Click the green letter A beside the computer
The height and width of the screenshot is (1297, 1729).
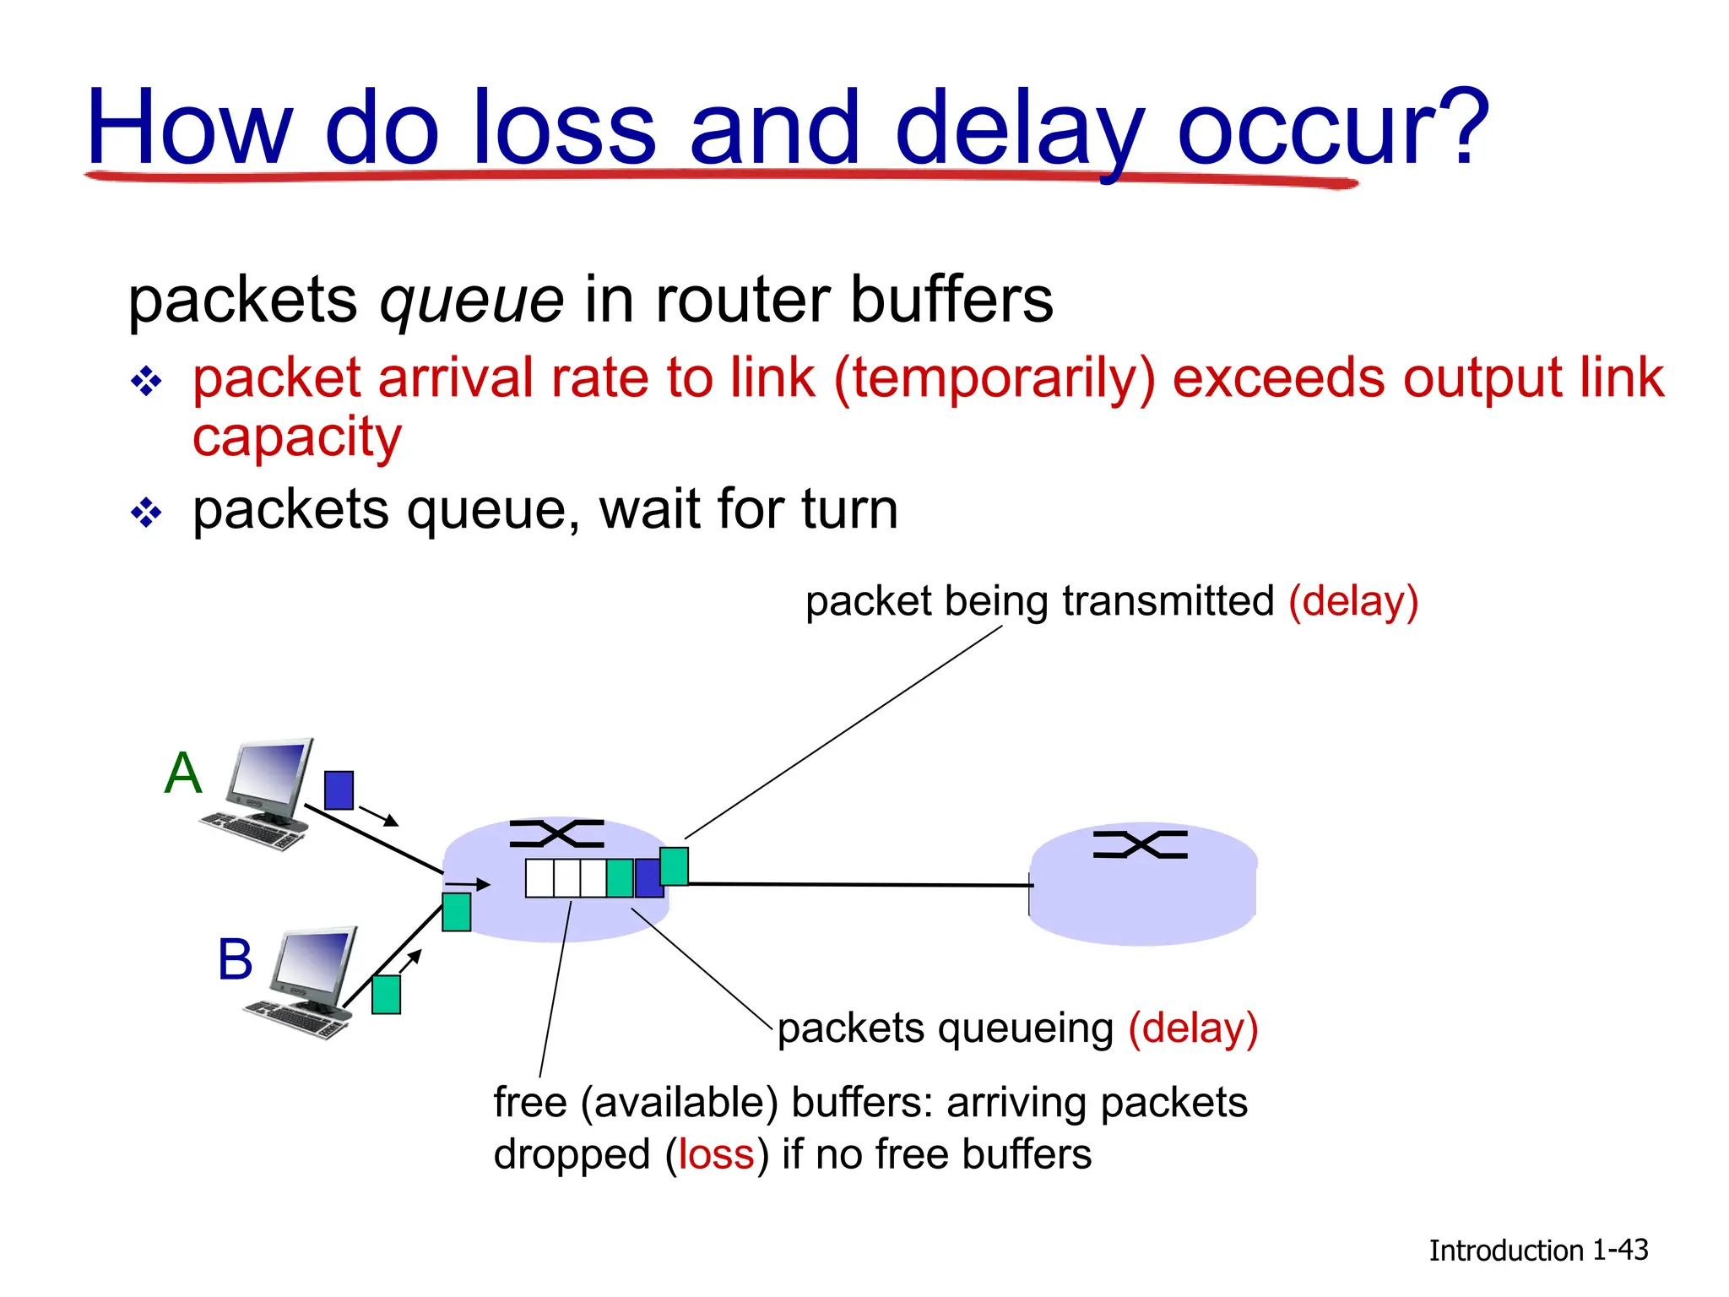(183, 773)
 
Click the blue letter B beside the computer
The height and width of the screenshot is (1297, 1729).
(235, 960)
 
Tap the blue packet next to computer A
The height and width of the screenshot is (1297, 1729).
(339, 790)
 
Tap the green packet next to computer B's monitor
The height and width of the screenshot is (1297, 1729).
(386, 995)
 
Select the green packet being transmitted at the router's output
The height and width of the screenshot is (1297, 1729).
(674, 866)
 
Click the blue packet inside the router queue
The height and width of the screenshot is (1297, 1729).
(648, 878)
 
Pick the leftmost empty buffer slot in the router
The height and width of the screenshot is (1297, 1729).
(539, 878)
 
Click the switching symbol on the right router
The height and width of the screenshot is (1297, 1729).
(1140, 844)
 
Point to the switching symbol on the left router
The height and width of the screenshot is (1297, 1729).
(557, 834)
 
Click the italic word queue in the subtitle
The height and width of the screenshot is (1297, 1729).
(471, 300)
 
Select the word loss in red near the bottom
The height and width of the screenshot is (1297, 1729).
(716, 1154)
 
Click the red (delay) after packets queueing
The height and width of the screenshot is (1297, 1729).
(1193, 1029)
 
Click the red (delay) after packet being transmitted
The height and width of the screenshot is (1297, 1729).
(1352, 602)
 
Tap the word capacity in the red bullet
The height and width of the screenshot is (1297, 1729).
(297, 437)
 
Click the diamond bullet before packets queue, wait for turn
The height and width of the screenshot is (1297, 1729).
(146, 513)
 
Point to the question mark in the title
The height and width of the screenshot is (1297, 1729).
(1461, 127)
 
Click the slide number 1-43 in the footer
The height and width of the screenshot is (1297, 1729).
(1619, 1250)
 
